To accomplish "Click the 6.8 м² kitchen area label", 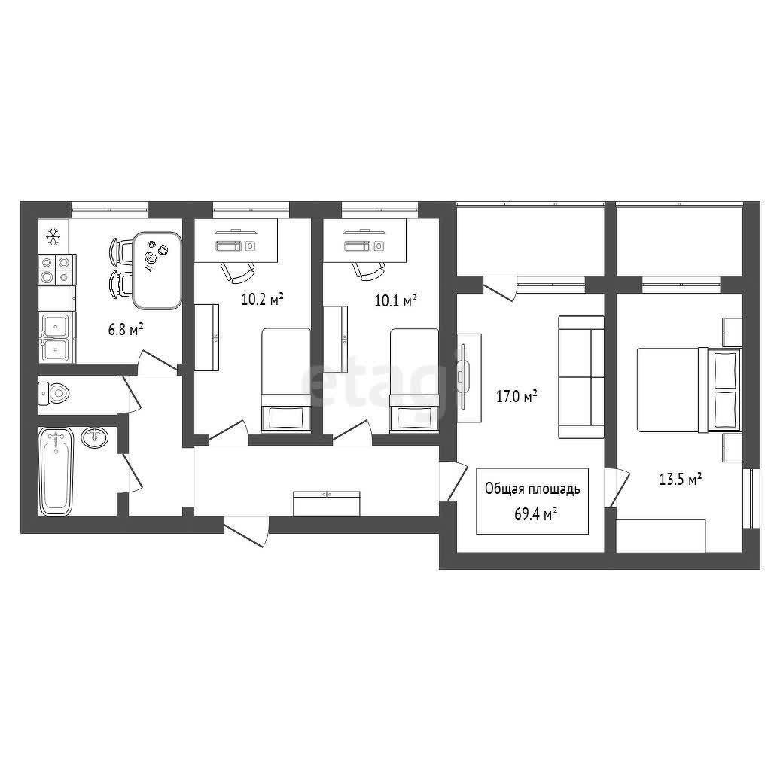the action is [126, 330].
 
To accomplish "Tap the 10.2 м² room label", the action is [263, 298].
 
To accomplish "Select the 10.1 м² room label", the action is [396, 300].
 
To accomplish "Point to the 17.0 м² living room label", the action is [517, 396].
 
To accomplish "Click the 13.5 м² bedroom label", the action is [680, 479].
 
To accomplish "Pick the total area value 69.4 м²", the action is [535, 514].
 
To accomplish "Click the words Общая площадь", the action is [532, 489].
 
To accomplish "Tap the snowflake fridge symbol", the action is [53, 237].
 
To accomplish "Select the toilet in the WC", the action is [54, 392].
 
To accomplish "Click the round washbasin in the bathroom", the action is [94, 437].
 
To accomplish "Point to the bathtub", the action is [56, 471].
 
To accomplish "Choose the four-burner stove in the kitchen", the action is [57, 270].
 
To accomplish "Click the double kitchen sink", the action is [57, 337].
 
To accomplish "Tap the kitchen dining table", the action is [157, 270].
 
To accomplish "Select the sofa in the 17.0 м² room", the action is [581, 377].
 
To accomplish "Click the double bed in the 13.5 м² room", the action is [688, 390].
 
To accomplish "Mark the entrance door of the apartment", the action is [247, 531].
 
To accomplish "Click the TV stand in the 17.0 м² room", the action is [469, 377].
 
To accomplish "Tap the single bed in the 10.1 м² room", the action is [414, 381].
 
